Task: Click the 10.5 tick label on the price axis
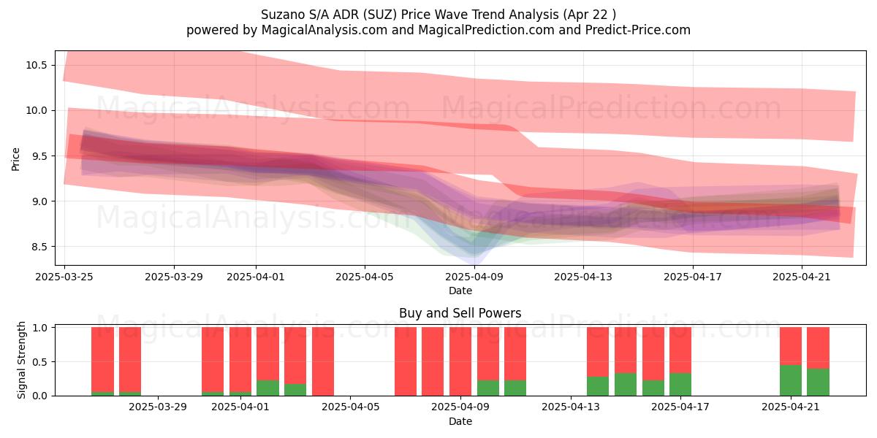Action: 37,65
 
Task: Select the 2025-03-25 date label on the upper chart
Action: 64,277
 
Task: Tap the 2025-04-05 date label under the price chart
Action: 365,277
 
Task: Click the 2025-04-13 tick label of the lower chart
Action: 571,407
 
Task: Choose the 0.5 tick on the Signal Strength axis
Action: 39,362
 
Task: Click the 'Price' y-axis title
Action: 15,159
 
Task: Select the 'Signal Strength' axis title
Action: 21,360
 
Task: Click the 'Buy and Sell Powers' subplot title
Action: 460,313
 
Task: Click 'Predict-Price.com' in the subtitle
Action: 638,30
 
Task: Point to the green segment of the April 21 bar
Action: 791,380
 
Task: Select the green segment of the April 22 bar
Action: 818,382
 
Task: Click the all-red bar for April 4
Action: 323,361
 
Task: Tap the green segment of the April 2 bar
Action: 267,388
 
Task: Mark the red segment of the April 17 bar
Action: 680,350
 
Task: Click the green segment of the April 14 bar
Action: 598,386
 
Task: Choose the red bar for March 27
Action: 130,359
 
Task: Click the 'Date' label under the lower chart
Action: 460,421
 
